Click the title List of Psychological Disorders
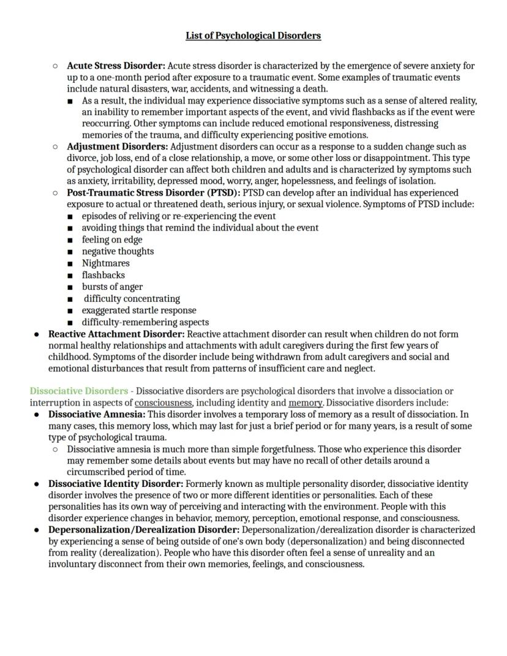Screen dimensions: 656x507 [x=253, y=36]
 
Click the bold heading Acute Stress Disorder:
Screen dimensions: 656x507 [x=116, y=66]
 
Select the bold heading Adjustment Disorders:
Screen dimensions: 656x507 [x=117, y=147]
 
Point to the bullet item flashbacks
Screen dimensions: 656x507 [x=103, y=275]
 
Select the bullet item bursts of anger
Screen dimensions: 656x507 [x=113, y=287]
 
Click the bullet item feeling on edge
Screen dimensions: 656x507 [x=112, y=239]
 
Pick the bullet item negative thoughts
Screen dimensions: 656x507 [x=118, y=251]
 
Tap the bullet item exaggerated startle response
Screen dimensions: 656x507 [x=139, y=311]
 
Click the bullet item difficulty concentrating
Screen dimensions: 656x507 [x=132, y=299]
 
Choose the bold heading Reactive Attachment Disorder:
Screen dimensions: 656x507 [x=116, y=334]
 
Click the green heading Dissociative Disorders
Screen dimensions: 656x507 [x=79, y=391]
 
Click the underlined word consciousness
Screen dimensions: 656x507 [x=163, y=403]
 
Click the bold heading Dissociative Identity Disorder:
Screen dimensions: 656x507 [x=116, y=484]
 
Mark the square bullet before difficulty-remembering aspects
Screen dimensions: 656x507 [x=71, y=323]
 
